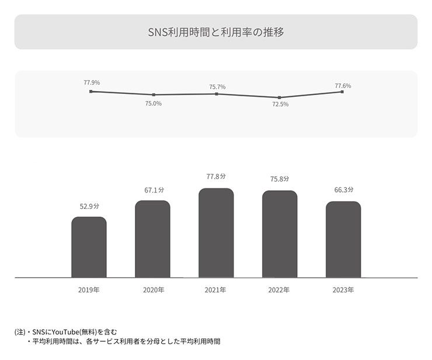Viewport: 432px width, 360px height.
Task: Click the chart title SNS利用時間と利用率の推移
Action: (x=216, y=32)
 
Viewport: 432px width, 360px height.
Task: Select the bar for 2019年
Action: (x=89, y=247)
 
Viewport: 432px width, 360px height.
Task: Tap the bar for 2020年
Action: (x=152, y=239)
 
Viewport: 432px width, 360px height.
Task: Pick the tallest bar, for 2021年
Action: (x=216, y=233)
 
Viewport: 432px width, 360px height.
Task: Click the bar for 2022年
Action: (x=280, y=234)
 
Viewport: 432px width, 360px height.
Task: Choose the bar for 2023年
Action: (x=343, y=239)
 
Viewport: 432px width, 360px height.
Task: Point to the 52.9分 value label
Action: (x=89, y=206)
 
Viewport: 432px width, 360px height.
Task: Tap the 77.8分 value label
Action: (x=216, y=176)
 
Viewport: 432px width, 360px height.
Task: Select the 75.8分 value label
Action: (x=279, y=179)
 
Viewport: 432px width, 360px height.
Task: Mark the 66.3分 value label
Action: (x=343, y=190)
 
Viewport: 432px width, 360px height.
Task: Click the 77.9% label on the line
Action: (x=91, y=83)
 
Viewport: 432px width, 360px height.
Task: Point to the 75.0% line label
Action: (x=154, y=103)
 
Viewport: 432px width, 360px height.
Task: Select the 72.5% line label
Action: (x=280, y=104)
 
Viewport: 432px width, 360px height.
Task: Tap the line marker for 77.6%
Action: (x=342, y=92)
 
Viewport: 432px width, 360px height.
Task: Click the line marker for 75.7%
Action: (x=217, y=94)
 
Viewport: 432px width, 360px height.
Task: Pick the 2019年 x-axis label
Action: (x=89, y=289)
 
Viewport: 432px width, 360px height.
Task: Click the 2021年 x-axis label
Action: (x=215, y=289)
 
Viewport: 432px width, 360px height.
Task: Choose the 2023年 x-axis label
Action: (x=343, y=289)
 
